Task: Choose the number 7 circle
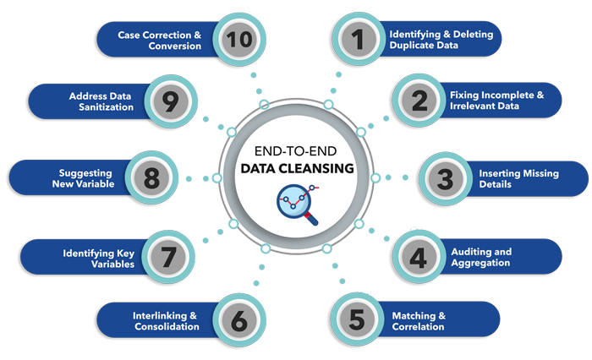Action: pos(169,257)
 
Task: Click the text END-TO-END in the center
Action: pos(296,150)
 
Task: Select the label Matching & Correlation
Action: pos(418,321)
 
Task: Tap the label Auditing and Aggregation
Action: pos(480,258)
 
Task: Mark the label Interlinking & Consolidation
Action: pos(166,320)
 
